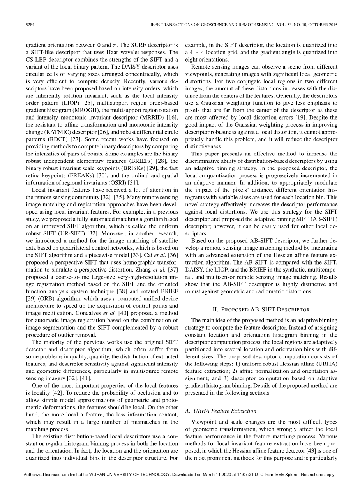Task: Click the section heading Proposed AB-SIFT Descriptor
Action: pyautogui.click(x=261, y=309)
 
